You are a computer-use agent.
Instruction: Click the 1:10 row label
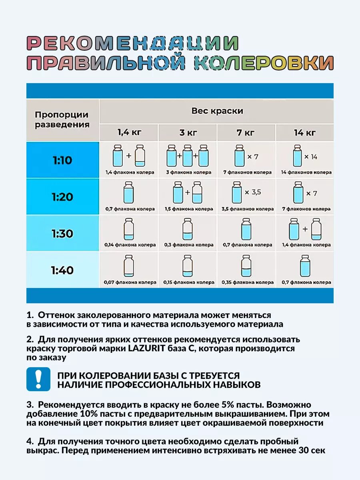tap(62, 160)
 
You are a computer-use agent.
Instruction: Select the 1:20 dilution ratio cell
tap(62, 197)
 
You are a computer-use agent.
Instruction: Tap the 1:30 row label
tap(62, 233)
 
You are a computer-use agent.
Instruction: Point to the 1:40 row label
tap(62, 270)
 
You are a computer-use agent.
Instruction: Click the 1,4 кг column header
tap(129, 132)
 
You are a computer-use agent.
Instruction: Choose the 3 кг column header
tap(187, 132)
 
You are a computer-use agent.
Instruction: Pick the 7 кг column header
tap(246, 132)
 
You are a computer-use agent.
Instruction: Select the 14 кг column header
tap(304, 132)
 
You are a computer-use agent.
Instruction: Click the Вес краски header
tap(217, 111)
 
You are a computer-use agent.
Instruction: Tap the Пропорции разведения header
tap(62, 119)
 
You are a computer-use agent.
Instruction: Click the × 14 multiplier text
tap(311, 157)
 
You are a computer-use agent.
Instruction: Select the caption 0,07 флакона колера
tap(130, 282)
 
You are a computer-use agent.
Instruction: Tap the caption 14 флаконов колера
tap(306, 172)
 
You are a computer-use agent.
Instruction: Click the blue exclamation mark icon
tap(38, 379)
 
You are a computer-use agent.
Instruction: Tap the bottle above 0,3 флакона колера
tap(188, 229)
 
